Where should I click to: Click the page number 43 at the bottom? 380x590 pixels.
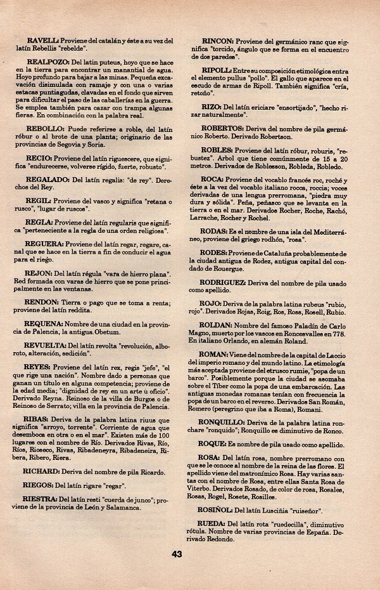(177, 554)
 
